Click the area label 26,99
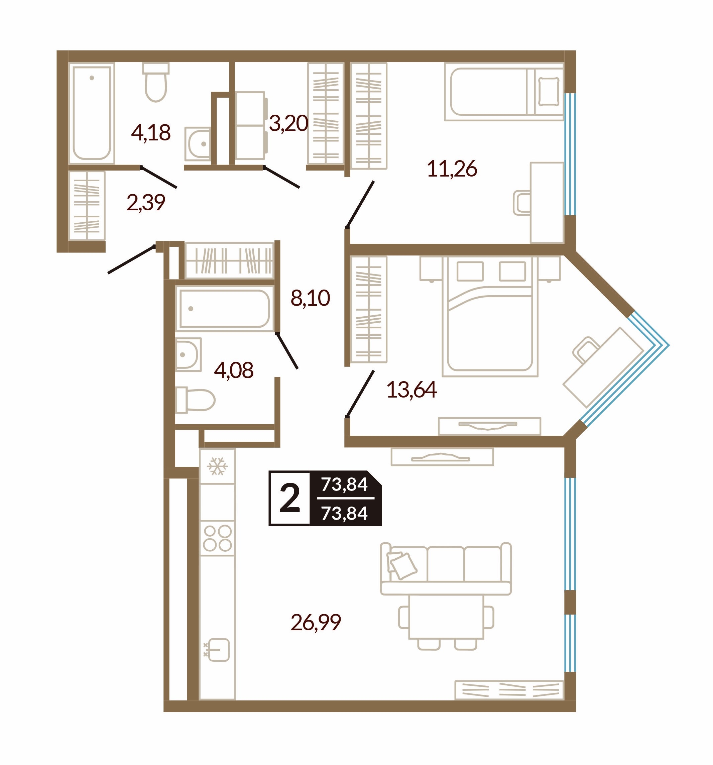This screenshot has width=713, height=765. click(x=316, y=623)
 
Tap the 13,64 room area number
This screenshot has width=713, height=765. click(x=411, y=390)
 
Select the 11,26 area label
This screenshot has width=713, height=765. click(x=452, y=169)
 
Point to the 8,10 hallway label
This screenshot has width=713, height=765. click(x=311, y=298)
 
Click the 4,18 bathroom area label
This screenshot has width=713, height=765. click(x=151, y=133)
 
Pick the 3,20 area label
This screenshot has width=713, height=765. click(x=288, y=123)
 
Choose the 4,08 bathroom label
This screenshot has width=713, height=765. click(x=234, y=370)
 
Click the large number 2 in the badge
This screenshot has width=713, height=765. click(x=290, y=498)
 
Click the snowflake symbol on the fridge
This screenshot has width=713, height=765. click(x=217, y=466)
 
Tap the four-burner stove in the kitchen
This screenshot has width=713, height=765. click(x=217, y=538)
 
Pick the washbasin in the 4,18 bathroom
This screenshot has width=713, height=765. click(x=198, y=143)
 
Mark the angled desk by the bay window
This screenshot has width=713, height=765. click(x=603, y=367)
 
